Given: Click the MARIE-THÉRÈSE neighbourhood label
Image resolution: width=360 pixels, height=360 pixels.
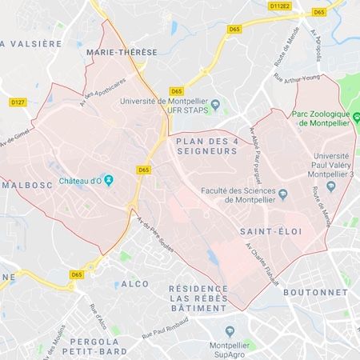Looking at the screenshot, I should (115, 52).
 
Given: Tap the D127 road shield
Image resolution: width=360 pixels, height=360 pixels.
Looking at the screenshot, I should (17, 102).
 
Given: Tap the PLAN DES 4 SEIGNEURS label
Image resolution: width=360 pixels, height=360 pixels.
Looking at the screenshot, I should (206, 146).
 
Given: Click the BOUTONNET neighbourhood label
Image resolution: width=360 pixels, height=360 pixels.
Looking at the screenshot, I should (315, 292).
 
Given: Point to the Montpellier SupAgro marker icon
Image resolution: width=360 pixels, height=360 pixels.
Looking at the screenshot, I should (230, 330).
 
